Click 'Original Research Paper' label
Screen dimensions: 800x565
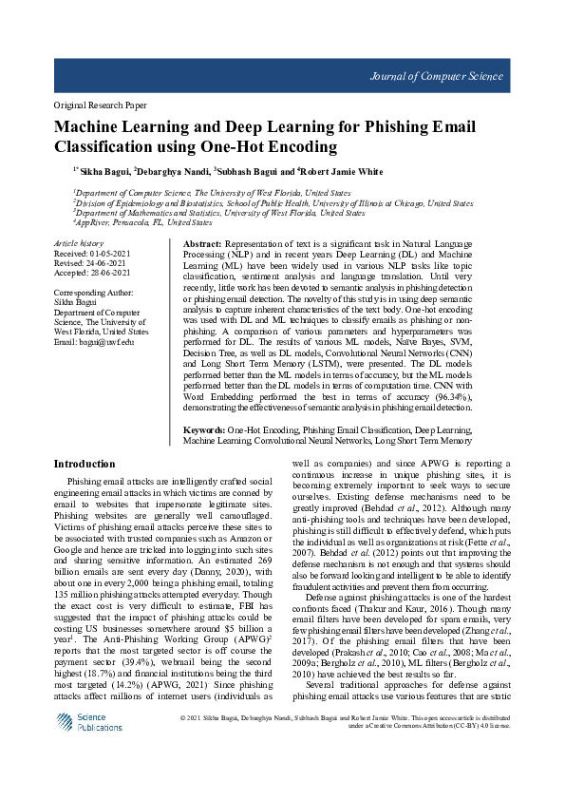click(x=100, y=105)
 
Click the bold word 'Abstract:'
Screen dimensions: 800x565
click(x=201, y=245)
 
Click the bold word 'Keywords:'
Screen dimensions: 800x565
click(x=204, y=430)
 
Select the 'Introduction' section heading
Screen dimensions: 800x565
click(x=85, y=465)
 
